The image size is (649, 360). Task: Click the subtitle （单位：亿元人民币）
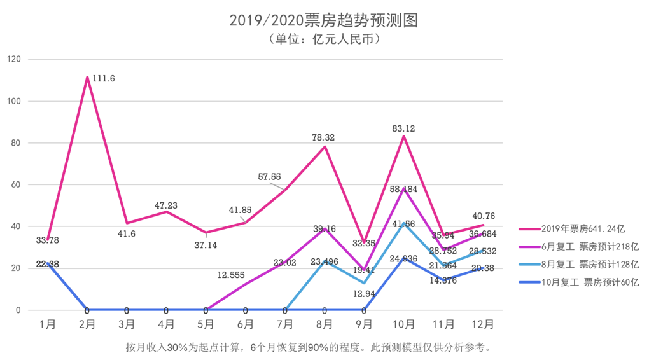[x=324, y=39]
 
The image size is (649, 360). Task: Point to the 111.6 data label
[x=104, y=78]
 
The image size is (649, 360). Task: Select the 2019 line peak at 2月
[x=87, y=78]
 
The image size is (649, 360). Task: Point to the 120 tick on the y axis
[x=13, y=60]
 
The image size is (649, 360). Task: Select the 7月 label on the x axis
[x=285, y=324]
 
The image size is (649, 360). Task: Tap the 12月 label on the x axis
[x=483, y=324]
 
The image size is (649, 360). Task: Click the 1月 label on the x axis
[x=48, y=324]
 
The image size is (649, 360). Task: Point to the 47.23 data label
[x=166, y=205]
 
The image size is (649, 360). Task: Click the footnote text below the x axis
[x=309, y=347]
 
